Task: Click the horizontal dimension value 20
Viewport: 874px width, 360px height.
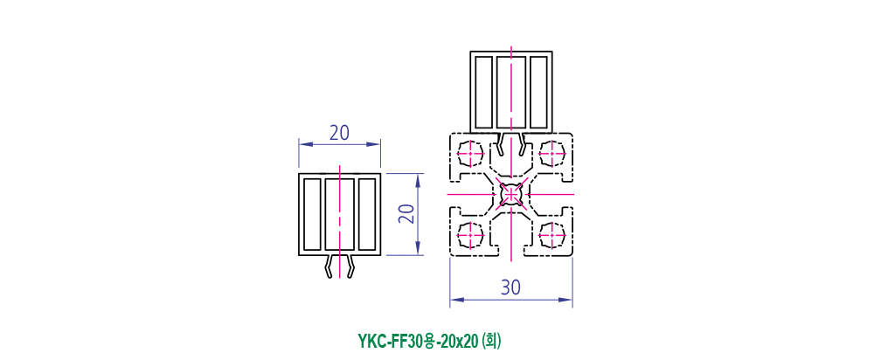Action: click(339, 133)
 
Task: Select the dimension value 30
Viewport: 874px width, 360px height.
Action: click(510, 287)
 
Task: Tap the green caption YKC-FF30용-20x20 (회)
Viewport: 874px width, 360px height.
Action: click(428, 341)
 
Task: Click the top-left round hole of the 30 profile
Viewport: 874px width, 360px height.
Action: click(470, 152)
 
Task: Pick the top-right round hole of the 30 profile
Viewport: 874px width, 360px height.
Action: click(552, 152)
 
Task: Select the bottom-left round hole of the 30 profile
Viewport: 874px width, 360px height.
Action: click(470, 235)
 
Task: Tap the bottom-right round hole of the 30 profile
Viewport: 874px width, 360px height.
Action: click(552, 235)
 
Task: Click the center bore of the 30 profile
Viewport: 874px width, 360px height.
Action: click(510, 194)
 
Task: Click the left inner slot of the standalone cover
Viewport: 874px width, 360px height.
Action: click(312, 215)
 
